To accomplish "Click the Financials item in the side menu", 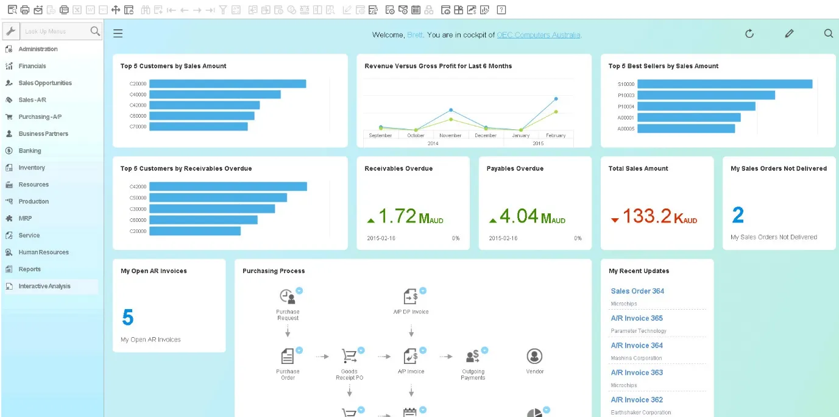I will [32, 66].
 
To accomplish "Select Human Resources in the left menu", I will [43, 252].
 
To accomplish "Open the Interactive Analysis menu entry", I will [44, 286].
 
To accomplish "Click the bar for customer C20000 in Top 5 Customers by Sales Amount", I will [227, 84].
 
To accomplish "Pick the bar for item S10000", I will [724, 84].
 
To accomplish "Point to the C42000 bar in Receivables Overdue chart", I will [228, 187].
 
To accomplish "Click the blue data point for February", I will [556, 99].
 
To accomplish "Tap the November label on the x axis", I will [450, 135].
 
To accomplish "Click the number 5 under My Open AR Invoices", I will [127, 318].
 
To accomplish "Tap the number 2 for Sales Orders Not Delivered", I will [738, 215].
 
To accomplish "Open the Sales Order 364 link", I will [637, 291].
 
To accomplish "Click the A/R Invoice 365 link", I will [637, 318].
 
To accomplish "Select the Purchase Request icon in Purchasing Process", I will [288, 297].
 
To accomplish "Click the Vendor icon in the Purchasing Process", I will [534, 356].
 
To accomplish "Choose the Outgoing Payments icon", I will [472, 356].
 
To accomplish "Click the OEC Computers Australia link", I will [539, 35].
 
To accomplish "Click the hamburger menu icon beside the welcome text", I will [118, 34].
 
